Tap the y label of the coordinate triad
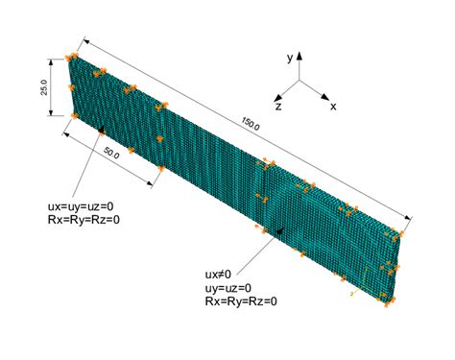289,59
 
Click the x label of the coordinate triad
333,107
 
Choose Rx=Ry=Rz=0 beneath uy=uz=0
240,301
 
